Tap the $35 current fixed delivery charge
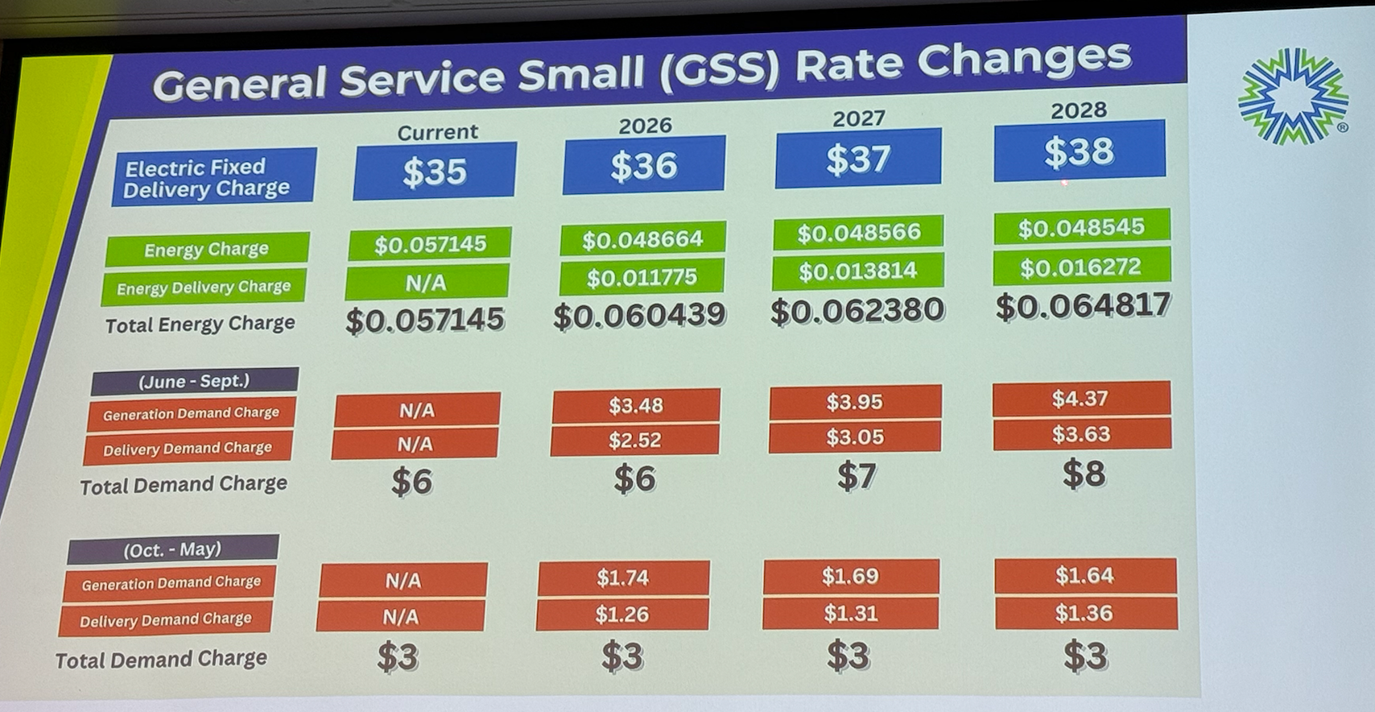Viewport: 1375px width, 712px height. (434, 171)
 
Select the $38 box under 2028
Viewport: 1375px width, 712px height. (1079, 151)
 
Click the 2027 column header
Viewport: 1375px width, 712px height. (858, 119)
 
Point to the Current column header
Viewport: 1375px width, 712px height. (437, 132)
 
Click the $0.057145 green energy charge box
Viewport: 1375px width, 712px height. (430, 244)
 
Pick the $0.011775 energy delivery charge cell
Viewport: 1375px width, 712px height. (642, 278)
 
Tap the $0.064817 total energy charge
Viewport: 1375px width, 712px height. (1083, 306)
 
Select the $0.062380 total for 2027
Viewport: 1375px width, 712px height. (857, 311)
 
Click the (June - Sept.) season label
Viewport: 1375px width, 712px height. (194, 381)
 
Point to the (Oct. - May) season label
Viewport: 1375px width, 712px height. (172, 549)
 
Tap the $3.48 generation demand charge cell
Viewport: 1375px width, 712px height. (635, 405)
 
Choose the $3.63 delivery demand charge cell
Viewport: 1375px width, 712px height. (1081, 434)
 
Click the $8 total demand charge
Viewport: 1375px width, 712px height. (1084, 474)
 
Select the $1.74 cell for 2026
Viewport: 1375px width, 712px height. (622, 577)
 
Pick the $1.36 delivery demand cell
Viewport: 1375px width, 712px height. (1084, 614)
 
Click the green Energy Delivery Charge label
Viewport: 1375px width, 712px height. (204, 288)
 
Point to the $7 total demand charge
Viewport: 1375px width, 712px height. (856, 476)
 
